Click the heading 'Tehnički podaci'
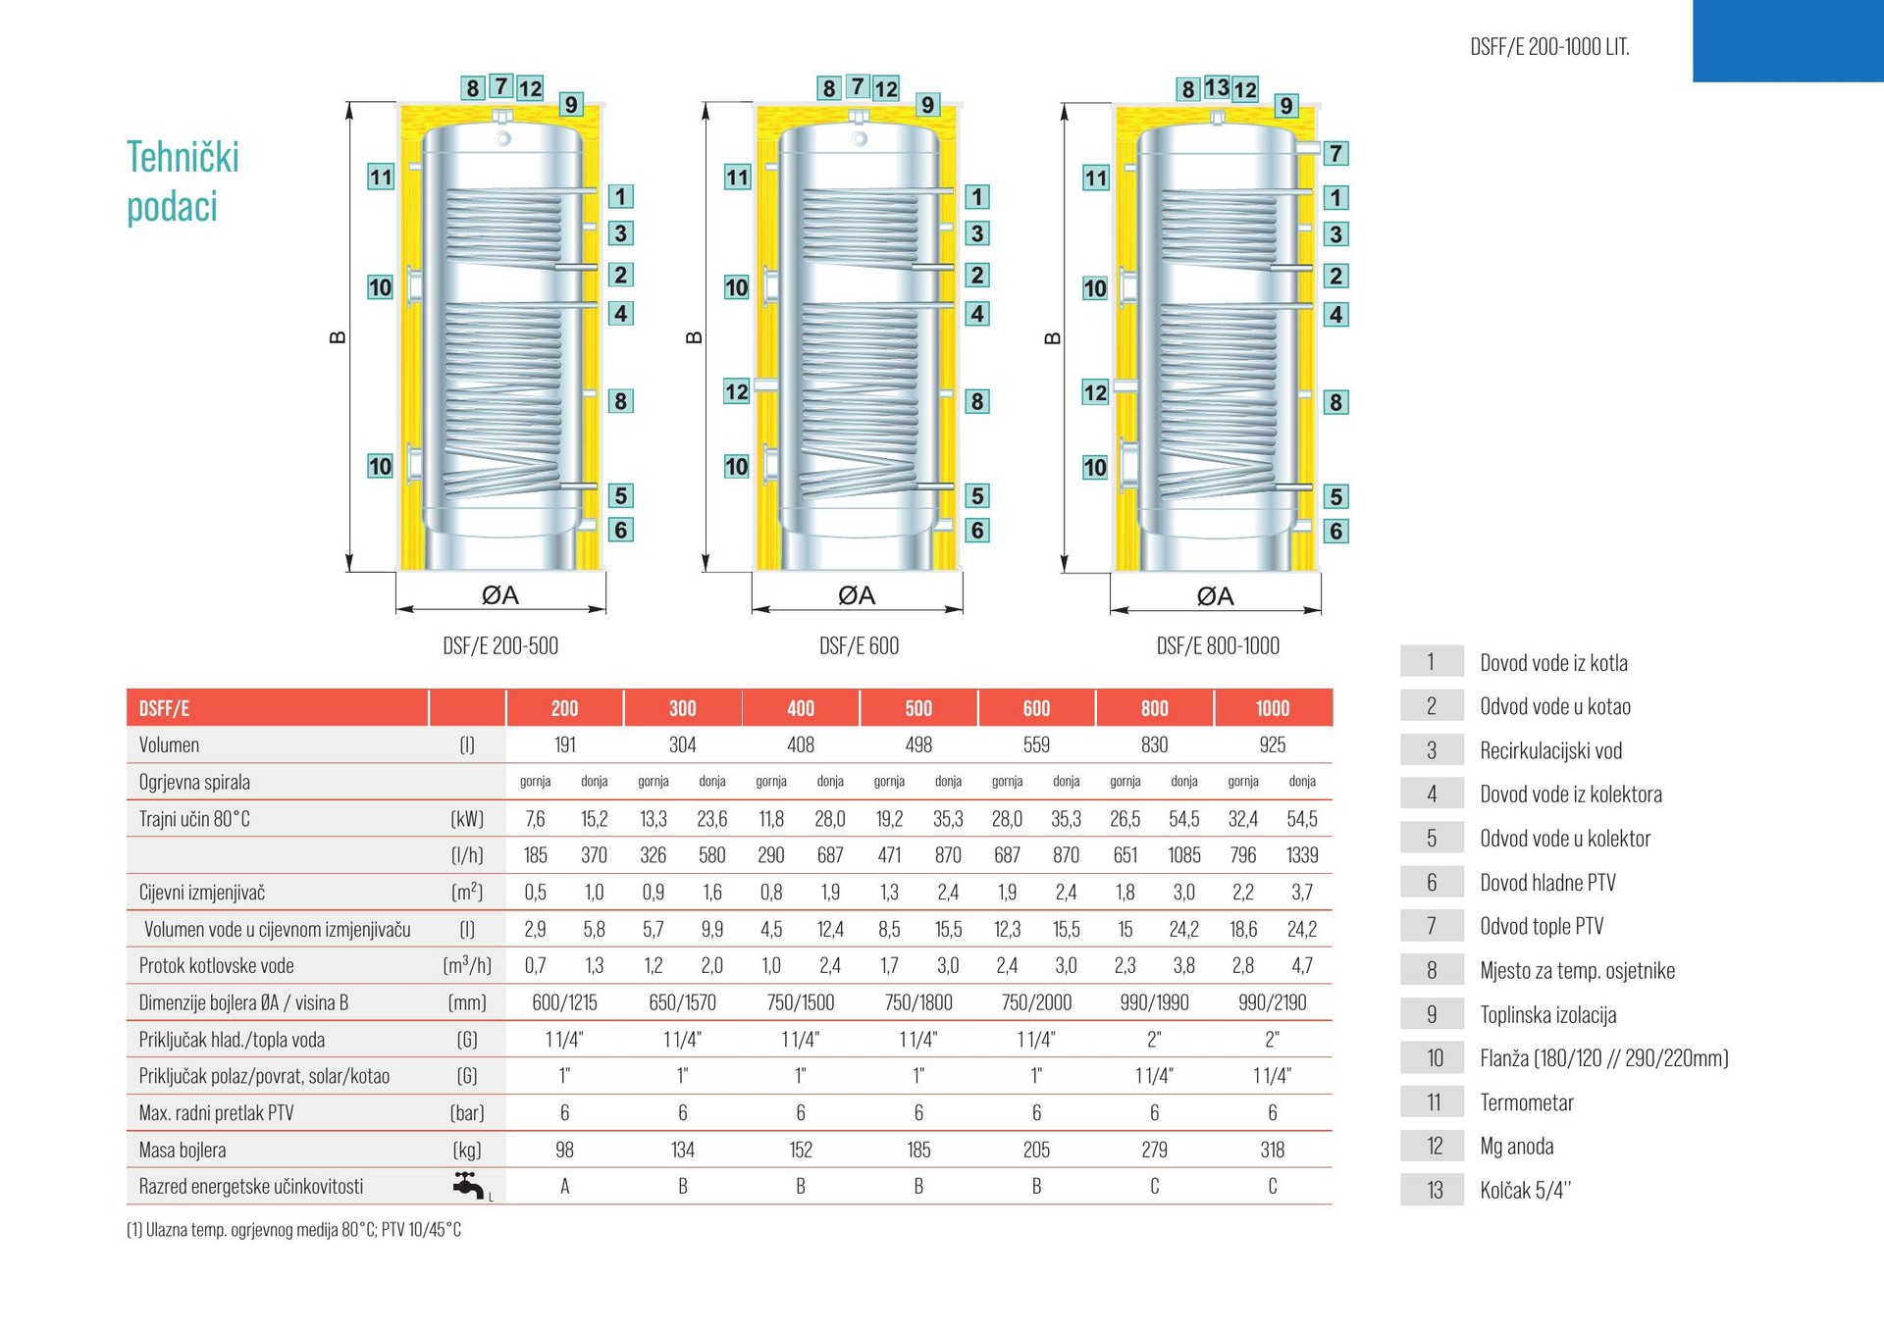tap(183, 181)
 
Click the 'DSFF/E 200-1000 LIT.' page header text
tap(1549, 47)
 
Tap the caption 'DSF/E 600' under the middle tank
tap(859, 645)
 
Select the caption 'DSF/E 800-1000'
tap(1218, 645)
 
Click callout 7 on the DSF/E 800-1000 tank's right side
tap(1335, 154)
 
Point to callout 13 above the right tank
tap(1217, 88)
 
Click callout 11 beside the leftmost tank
tap(381, 178)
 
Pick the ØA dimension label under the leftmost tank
tap(500, 595)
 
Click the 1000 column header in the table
tap(1273, 708)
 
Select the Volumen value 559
tap(1036, 744)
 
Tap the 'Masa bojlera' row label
tap(183, 1150)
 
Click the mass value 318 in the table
tap(1273, 1150)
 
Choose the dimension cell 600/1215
tap(564, 1002)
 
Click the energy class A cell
tap(564, 1187)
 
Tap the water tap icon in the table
tap(469, 1185)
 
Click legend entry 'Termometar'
tap(1527, 1102)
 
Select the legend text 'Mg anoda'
tap(1517, 1147)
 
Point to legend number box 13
tap(1433, 1191)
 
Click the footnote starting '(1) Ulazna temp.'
tap(294, 1230)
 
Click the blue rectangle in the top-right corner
tap(1788, 40)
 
